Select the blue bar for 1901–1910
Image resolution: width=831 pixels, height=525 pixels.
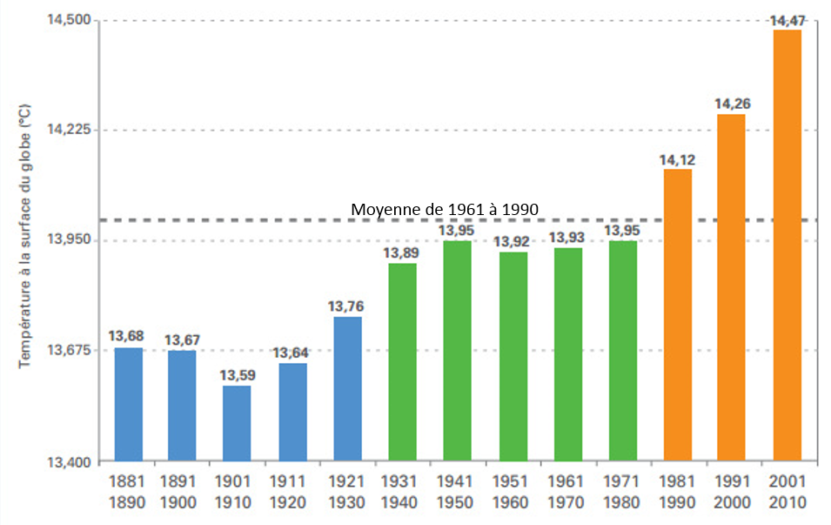point(237,423)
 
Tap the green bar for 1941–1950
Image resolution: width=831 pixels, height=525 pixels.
point(457,351)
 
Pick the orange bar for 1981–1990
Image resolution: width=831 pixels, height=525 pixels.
point(677,314)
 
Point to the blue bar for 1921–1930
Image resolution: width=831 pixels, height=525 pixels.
point(347,388)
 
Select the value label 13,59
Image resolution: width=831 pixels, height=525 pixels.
point(237,375)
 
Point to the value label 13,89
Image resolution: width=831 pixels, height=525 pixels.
point(402,253)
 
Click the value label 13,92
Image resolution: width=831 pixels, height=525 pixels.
point(513,241)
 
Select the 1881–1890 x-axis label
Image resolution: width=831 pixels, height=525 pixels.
point(127,492)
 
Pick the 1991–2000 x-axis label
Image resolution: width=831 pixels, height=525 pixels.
point(732,492)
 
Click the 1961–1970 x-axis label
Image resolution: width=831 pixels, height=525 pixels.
point(567,492)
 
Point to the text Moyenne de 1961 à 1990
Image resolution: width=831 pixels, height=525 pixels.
point(445,210)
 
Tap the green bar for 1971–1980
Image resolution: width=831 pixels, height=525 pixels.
point(622,351)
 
